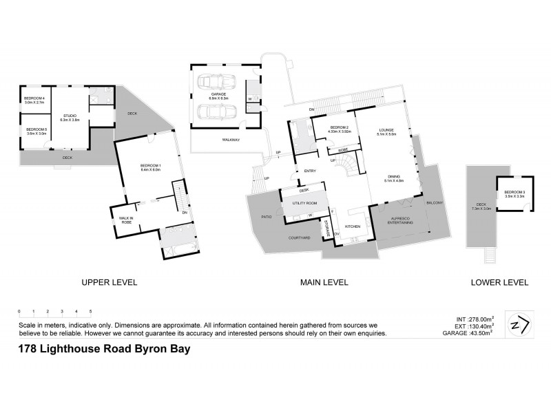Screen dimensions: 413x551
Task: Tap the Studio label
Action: pyautogui.click(x=70, y=118)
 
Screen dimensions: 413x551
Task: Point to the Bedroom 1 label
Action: pyautogui.click(x=150, y=167)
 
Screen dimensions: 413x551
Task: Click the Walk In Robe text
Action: pyautogui.click(x=125, y=221)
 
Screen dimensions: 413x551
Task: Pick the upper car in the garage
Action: pyautogui.click(x=218, y=84)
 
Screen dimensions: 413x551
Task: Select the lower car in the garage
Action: pyautogui.click(x=218, y=112)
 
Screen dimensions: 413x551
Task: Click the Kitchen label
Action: pyautogui.click(x=353, y=226)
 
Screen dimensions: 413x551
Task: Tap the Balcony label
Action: pyautogui.click(x=435, y=203)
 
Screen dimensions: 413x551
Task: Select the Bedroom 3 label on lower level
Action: pyautogui.click(x=514, y=193)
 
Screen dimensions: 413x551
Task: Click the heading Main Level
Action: pyautogui.click(x=324, y=282)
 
